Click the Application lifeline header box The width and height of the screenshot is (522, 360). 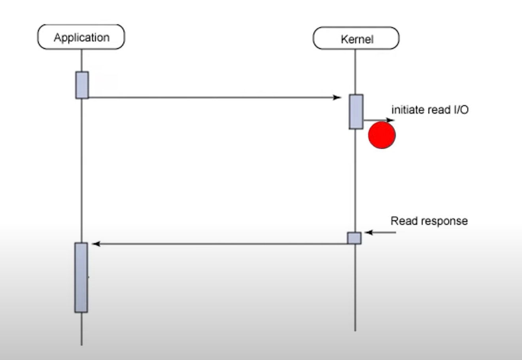tap(81, 37)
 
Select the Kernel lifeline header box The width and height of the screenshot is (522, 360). tap(356, 38)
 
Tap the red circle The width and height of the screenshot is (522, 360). tap(382, 135)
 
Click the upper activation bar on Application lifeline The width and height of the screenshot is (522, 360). tap(82, 85)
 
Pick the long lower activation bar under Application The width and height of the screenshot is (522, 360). tap(81, 277)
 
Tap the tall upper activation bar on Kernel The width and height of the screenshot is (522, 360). tap(356, 112)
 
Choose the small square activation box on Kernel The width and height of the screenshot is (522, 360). tap(354, 238)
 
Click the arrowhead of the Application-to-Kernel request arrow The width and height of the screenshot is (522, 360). tap(337, 97)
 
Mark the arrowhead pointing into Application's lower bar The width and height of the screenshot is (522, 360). tap(96, 244)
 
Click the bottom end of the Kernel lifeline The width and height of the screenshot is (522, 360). tap(355, 329)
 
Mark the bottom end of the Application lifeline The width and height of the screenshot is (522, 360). tap(81, 343)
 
